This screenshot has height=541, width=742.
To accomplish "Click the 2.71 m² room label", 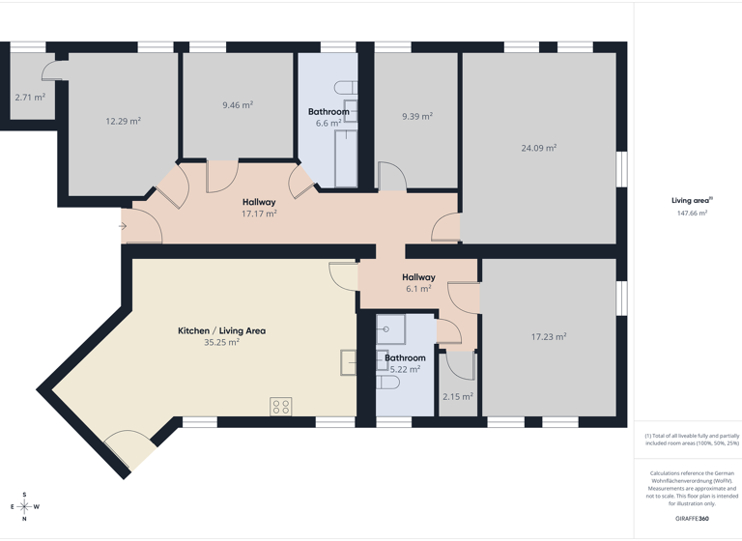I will point(30,98).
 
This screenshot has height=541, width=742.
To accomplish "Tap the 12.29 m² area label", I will point(123,122).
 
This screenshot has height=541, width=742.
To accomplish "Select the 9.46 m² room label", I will point(237,105).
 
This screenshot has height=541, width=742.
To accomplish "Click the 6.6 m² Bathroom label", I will point(328,118).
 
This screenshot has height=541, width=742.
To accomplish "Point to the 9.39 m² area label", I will point(416,116).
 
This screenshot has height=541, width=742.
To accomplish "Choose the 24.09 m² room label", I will point(538,148).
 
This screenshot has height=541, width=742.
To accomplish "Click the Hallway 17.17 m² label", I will point(259,208).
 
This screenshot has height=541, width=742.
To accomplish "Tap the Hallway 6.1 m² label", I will point(418,283).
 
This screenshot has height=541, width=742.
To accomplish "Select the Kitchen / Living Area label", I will point(221,336).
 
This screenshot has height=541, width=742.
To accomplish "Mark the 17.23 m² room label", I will point(548,337).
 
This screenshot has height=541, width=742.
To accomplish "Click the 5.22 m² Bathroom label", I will point(405,363).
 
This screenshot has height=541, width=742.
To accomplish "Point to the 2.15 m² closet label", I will point(457,397).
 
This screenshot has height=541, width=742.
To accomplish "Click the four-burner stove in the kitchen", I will point(281,407).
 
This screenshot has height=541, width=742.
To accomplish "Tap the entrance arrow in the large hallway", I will point(123,226).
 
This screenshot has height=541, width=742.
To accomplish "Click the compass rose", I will point(24,506).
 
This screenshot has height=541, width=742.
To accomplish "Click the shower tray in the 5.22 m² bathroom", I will point(390,329).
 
